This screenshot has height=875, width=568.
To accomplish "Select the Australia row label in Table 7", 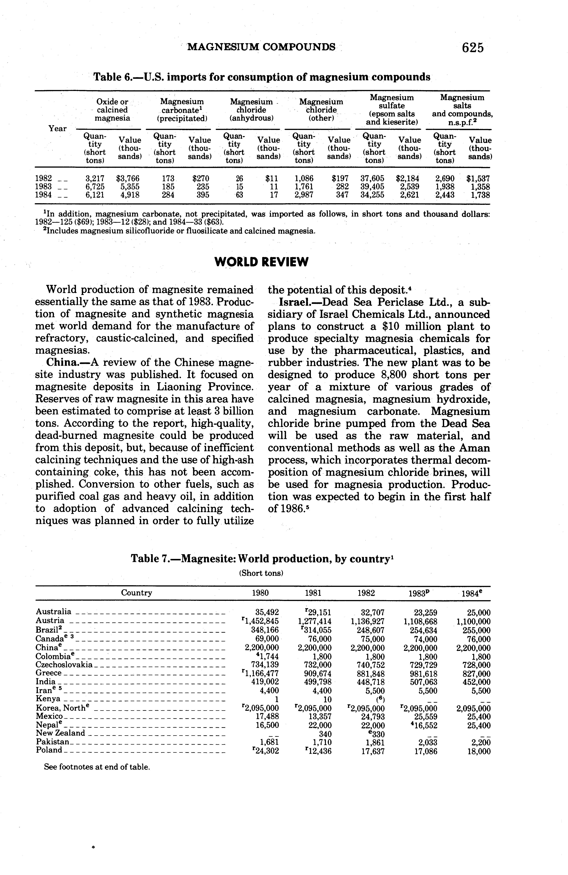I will click(53, 611).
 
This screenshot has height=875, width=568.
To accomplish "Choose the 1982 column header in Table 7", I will click(366, 593).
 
